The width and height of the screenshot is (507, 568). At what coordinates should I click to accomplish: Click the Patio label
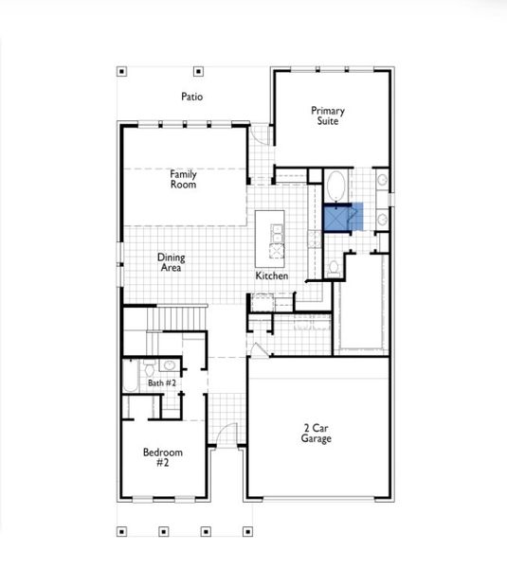point(192,97)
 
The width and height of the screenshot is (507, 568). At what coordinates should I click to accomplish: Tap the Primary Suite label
point(328,116)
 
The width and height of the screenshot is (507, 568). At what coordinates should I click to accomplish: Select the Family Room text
point(183,179)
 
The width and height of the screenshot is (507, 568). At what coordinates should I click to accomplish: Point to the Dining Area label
point(171,262)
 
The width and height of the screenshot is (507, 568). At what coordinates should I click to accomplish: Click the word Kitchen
point(271,276)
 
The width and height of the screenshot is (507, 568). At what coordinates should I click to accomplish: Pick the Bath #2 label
point(162,383)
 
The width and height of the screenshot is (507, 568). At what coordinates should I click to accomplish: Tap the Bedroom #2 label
point(162,458)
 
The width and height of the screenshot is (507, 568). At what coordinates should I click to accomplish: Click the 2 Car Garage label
point(317,434)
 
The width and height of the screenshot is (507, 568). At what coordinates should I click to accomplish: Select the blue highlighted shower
point(338,218)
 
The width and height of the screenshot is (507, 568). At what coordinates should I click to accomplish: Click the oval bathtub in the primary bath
point(338,183)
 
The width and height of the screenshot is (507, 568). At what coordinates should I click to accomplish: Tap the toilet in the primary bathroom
point(333,268)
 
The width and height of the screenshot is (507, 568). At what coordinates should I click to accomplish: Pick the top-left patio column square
point(121,70)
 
